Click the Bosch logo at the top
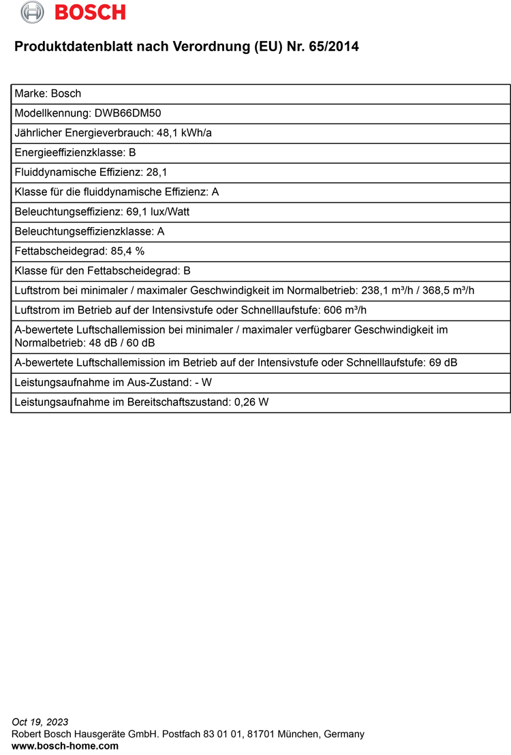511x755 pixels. coord(73,12)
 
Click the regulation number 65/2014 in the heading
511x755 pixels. coord(334,47)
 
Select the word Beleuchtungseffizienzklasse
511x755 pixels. coord(80,231)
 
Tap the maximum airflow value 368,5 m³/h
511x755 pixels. coord(449,291)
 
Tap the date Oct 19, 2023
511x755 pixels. coord(40,722)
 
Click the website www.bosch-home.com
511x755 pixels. coord(65,746)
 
